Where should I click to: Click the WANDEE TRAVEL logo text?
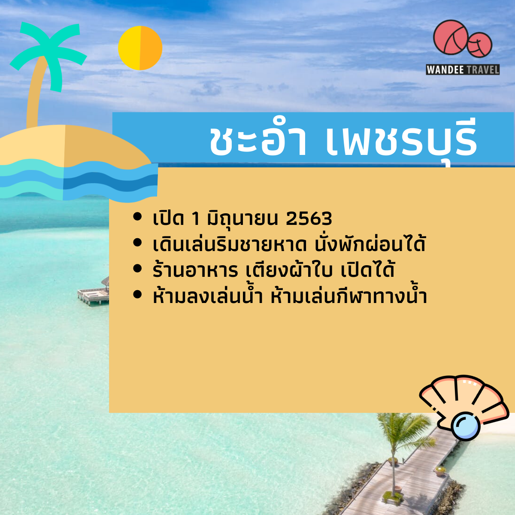(463, 70)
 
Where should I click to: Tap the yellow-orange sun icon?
(140, 48)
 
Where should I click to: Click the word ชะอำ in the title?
(257, 141)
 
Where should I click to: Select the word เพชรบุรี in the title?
(402, 141)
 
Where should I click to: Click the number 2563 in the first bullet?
(309, 219)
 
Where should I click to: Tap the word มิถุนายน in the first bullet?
(243, 219)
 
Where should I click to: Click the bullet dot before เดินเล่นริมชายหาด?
(137, 243)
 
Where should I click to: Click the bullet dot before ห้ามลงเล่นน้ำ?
(137, 295)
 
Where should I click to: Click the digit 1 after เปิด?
(195, 219)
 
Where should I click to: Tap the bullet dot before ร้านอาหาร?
(137, 269)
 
